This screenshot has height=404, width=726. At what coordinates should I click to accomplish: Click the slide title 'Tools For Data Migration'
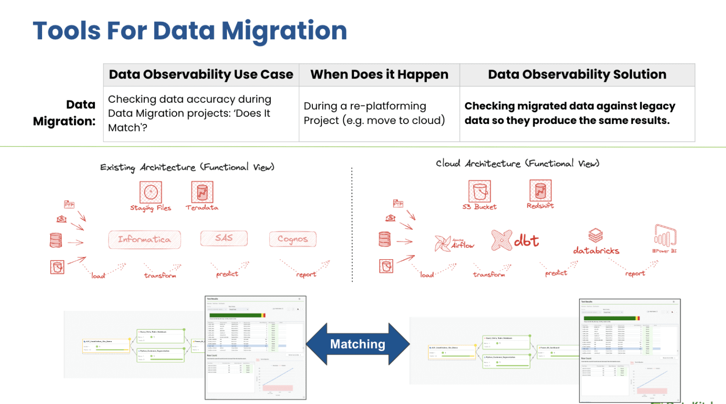tap(190, 31)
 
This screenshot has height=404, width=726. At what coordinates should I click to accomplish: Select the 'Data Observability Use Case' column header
tap(201, 75)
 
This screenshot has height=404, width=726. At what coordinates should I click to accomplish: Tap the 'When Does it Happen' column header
tap(379, 75)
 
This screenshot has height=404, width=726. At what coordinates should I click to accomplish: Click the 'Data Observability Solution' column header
tap(577, 75)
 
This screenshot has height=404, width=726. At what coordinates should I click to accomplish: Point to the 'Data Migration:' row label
tap(64, 113)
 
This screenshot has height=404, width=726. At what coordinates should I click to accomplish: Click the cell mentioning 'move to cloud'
tap(374, 114)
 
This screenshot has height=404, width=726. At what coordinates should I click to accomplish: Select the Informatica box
tap(145, 239)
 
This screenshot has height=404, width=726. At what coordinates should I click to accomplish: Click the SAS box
tap(224, 238)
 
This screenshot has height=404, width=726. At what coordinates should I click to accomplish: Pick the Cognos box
tap(293, 239)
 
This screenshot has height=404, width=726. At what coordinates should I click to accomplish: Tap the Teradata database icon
tap(202, 192)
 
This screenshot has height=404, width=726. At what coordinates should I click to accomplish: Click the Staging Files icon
tap(151, 192)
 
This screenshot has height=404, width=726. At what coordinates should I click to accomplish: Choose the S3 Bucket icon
tap(479, 191)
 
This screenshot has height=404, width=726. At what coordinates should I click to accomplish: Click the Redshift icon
tap(540, 191)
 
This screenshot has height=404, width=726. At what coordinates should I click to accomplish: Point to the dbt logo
tap(515, 240)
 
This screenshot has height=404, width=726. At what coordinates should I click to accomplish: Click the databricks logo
tap(596, 241)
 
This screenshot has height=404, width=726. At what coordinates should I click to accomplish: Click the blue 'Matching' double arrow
tap(358, 344)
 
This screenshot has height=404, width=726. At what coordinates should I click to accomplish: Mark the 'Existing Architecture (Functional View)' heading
tap(187, 167)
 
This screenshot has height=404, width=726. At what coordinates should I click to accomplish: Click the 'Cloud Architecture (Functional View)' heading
tap(517, 164)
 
